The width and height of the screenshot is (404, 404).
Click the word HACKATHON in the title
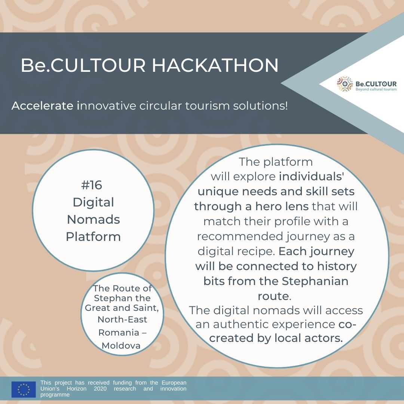[215, 65]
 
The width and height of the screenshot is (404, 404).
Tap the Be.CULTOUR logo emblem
[345, 84]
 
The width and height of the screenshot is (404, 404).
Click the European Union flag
[24, 389]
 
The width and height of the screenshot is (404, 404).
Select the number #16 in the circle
[92, 185]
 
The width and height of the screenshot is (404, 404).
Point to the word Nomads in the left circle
[93, 220]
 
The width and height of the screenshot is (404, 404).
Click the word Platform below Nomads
[93, 236]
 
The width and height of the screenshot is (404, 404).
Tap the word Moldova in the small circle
[121, 346]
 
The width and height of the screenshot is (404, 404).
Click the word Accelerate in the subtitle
[43, 105]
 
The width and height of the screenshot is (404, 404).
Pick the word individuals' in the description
[312, 177]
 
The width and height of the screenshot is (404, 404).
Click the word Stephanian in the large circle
[315, 281]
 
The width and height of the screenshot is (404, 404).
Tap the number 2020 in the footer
[100, 389]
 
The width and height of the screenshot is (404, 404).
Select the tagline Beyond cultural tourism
[376, 89]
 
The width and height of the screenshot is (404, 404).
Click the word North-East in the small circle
[122, 319]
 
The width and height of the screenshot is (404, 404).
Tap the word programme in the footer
[55, 395]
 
